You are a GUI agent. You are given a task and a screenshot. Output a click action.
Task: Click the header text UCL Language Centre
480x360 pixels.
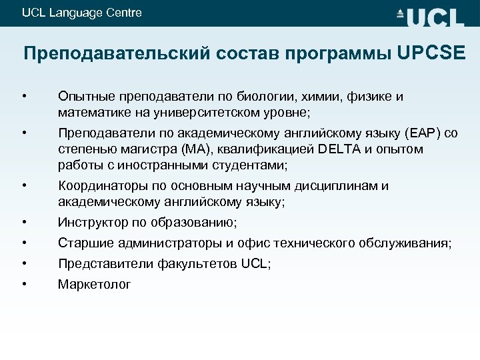[x=81, y=13]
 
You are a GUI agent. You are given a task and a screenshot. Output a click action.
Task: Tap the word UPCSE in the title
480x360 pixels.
[x=431, y=53]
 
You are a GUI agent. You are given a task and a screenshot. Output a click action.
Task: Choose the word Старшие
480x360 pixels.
[x=83, y=243]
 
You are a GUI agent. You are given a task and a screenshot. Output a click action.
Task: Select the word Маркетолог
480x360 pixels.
[x=95, y=285]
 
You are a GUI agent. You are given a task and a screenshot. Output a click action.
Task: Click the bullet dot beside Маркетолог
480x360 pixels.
[x=24, y=284]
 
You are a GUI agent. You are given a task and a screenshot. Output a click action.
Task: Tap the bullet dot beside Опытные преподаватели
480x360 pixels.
[x=24, y=97]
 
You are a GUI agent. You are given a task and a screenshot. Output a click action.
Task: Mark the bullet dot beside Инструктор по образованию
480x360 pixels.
[x=24, y=221]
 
